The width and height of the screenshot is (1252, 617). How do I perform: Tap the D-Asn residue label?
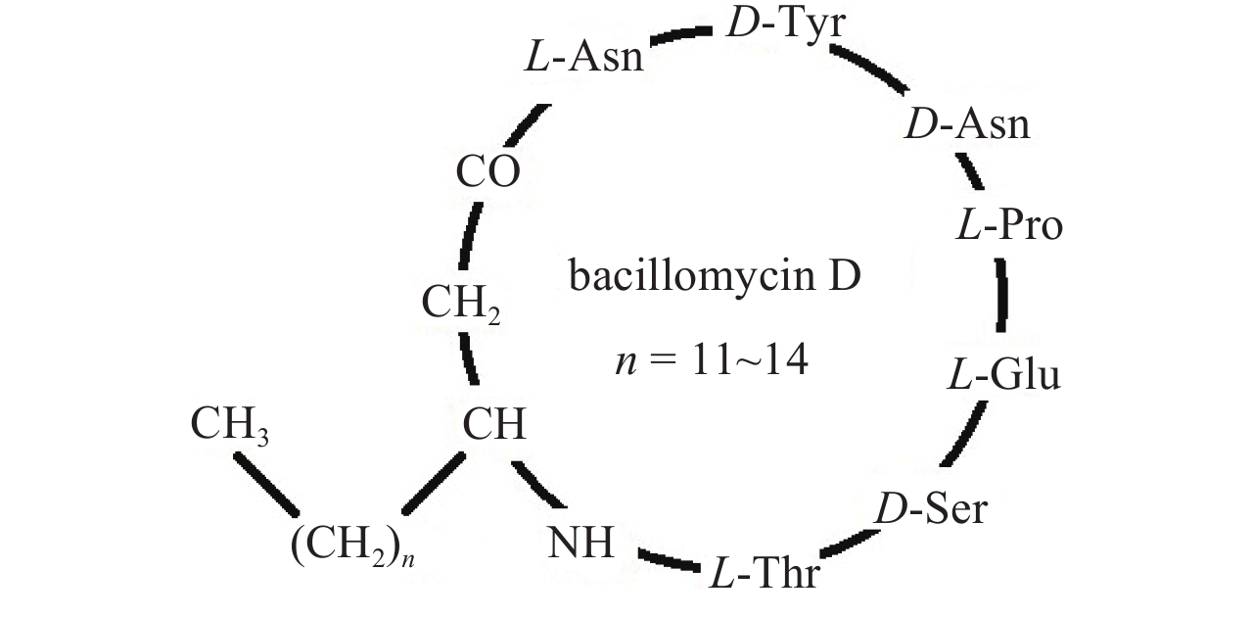[966, 125]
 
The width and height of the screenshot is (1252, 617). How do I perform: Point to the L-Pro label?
[1008, 226]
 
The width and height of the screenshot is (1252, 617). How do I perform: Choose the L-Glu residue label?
[1003, 375]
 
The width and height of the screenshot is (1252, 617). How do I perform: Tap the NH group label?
[580, 542]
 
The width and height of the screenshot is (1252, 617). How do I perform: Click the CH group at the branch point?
[494, 425]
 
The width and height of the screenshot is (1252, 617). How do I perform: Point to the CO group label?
[487, 172]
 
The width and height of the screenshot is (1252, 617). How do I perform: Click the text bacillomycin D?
[715, 276]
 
